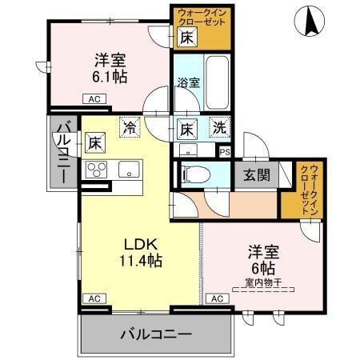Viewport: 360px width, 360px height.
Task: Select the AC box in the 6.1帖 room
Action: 93,99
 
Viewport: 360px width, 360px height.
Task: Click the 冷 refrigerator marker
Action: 128,126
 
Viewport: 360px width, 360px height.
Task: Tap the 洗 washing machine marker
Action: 218,126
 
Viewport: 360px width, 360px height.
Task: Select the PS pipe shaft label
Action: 225,150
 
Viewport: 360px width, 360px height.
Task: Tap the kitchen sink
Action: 127,170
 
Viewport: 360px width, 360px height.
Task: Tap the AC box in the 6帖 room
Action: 216,298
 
